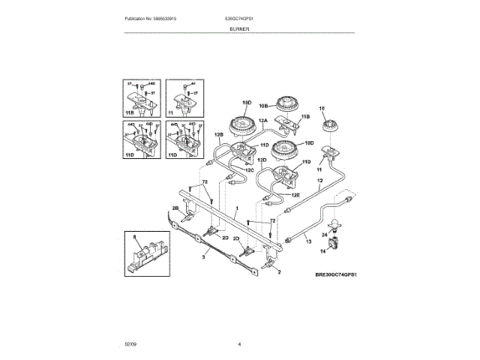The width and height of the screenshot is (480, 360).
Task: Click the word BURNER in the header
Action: click(x=239, y=28)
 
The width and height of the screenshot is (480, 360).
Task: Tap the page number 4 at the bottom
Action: click(x=239, y=343)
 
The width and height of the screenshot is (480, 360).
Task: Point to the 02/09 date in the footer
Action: click(x=130, y=343)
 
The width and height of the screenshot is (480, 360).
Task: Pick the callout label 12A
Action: click(x=263, y=121)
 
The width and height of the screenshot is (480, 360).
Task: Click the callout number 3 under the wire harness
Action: click(x=202, y=256)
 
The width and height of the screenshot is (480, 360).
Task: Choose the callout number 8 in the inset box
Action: click(x=136, y=238)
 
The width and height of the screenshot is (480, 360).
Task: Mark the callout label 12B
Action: click(x=219, y=134)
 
